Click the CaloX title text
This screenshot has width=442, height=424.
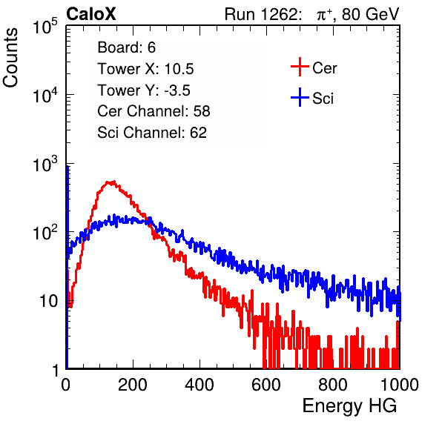point(91,14)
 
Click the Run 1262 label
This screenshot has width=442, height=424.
point(261,14)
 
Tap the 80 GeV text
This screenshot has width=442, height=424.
point(370,14)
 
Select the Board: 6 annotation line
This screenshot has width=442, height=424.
point(126,47)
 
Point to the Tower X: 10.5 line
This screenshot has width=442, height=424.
point(145,69)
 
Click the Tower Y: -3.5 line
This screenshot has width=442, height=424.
point(144,90)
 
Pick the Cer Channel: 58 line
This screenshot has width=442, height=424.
point(154,111)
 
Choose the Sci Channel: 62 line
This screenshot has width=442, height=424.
point(152,133)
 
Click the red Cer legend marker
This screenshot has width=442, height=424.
point(300,67)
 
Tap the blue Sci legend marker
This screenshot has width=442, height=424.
point(300,98)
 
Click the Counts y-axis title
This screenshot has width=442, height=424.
point(10,58)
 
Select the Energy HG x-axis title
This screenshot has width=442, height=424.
point(349,406)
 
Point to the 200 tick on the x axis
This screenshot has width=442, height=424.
point(133,385)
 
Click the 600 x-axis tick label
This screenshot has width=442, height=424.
point(266,385)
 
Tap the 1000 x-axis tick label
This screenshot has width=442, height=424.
point(400,385)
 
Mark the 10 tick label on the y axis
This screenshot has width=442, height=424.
point(49,301)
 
